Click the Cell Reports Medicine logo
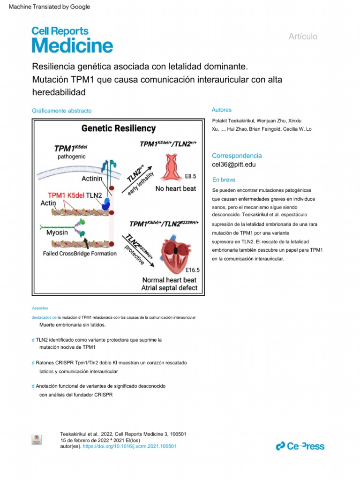(x=72, y=39)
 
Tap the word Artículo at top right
(x=303, y=37)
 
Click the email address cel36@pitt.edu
(x=234, y=165)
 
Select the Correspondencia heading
(x=237, y=156)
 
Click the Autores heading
(x=222, y=110)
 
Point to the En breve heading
(x=224, y=180)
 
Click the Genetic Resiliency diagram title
(x=119, y=128)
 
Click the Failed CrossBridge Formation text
(x=80, y=254)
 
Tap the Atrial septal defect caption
(x=169, y=288)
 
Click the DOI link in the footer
(x=129, y=446)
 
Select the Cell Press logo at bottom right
(x=300, y=446)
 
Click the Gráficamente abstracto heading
(x=62, y=111)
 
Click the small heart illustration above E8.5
(x=171, y=168)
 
